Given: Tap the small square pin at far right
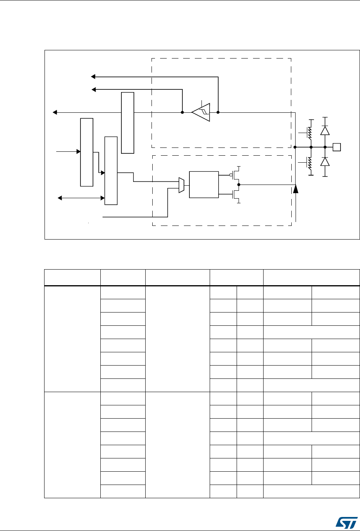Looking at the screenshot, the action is [x=337, y=147].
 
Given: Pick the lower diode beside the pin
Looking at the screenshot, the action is [x=324, y=162].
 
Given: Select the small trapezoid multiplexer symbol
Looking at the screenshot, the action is [x=181, y=185].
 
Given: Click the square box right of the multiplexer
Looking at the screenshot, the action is [x=203, y=185].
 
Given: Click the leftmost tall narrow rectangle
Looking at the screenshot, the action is [x=87, y=152].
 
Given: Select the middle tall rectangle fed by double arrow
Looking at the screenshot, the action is [x=111, y=170].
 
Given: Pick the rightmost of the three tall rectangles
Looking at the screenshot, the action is [x=127, y=123].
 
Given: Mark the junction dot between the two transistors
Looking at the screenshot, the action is [x=239, y=185].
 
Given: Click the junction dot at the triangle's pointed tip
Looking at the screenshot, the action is [x=182, y=112].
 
